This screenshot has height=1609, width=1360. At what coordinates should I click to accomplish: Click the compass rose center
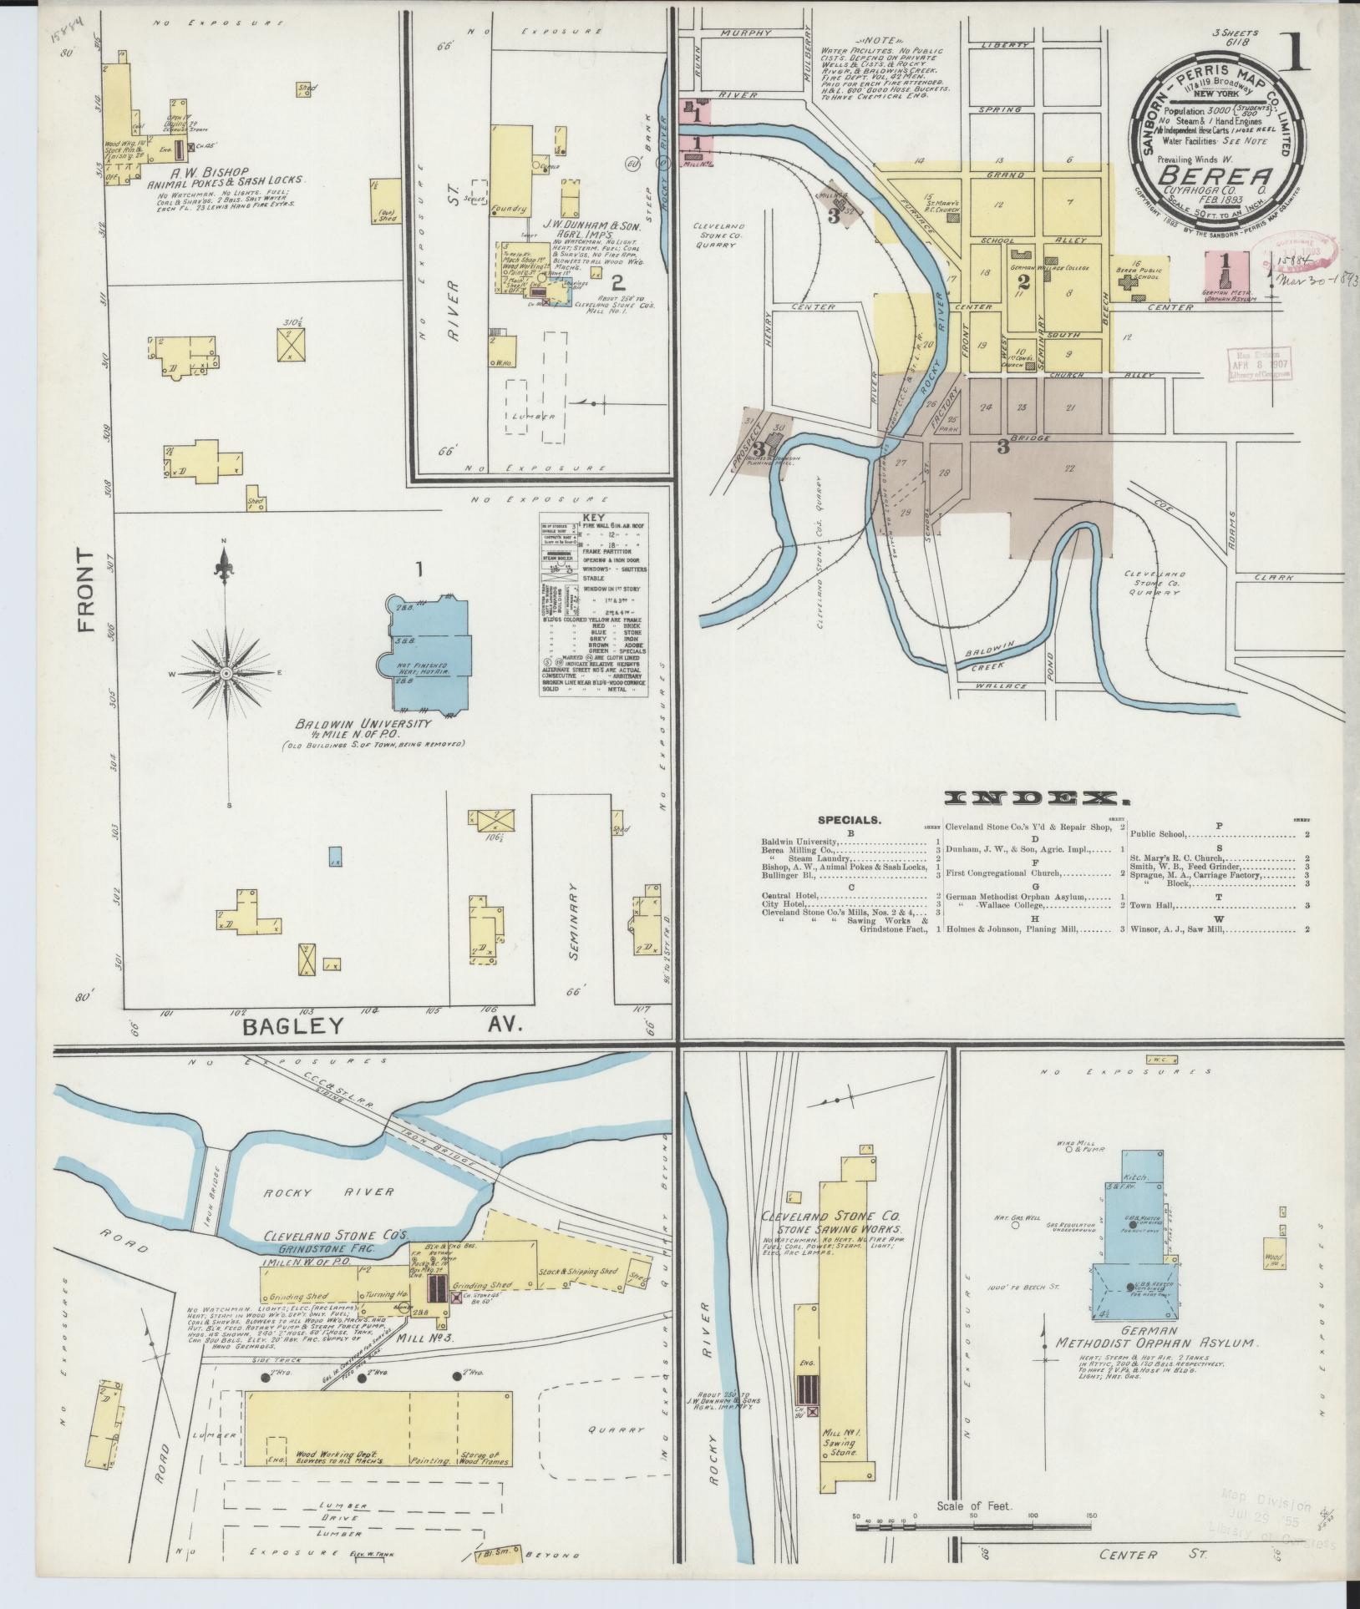click(226, 672)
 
